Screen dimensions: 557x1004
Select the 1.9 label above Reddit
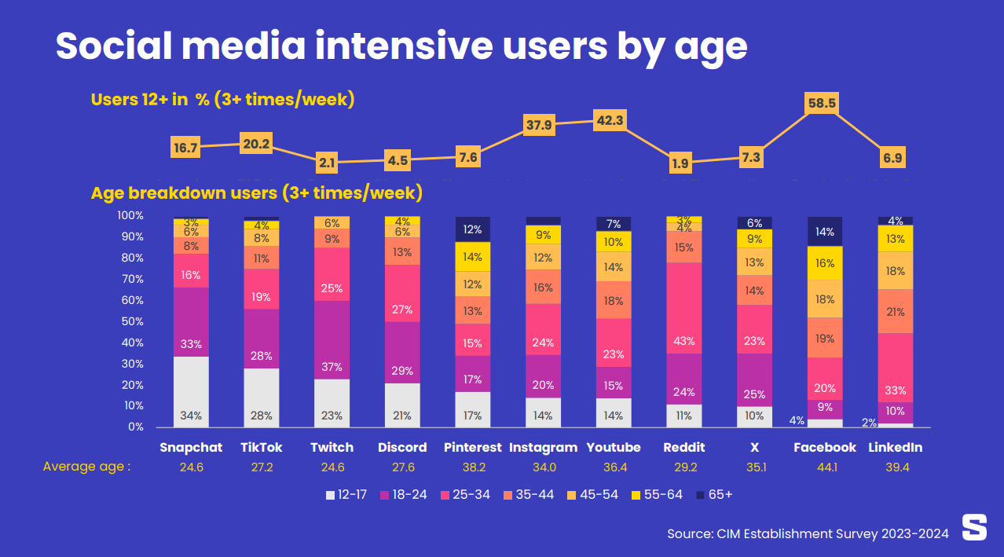coord(680,164)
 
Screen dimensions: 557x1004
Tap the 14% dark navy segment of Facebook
coord(824,232)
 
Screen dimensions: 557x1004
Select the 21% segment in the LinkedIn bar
coord(896,312)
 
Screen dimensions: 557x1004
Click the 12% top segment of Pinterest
coord(472,229)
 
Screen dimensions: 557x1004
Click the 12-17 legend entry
coord(346,495)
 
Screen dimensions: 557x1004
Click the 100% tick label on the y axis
coord(130,215)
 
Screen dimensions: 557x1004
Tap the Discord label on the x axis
coord(402,447)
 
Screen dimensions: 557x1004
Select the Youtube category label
coord(614,447)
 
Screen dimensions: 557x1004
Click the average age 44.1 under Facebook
coord(824,467)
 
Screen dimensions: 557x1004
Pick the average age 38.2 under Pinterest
coord(472,467)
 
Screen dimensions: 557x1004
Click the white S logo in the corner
coord(974,528)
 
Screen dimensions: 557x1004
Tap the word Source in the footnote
coord(689,533)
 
